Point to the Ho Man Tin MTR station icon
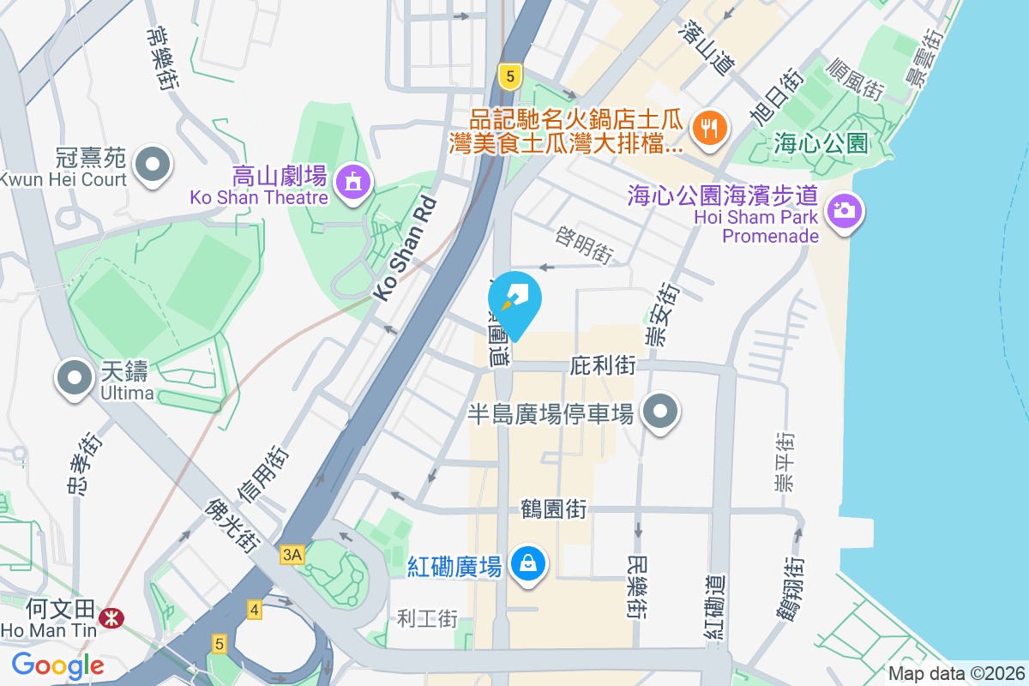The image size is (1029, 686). [110, 617]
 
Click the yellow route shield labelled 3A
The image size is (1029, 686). [292, 555]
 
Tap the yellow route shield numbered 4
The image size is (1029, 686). [254, 610]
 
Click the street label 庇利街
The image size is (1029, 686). [603, 366]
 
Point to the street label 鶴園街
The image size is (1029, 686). [554, 508]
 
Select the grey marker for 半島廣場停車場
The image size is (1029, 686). [659, 412]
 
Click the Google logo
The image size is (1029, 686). [57, 665]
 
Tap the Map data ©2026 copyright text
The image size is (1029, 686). [955, 674]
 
